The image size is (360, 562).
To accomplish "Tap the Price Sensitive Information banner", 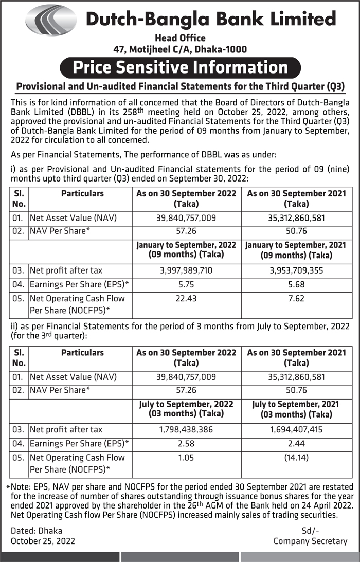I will click(x=180, y=67).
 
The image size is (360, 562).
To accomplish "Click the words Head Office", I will click(x=180, y=38).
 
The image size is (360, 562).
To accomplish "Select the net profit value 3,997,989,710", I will click(x=186, y=270).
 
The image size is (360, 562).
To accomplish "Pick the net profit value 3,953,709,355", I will click(x=296, y=270).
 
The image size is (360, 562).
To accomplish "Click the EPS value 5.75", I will click(x=186, y=284).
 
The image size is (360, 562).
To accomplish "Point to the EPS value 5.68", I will click(x=296, y=284).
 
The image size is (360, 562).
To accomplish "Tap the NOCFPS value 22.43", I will click(x=186, y=298).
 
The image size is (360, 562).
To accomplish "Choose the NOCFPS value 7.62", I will click(x=296, y=298).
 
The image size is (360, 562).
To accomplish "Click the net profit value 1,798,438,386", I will click(x=186, y=429).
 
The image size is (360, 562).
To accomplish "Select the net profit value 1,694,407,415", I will click(x=296, y=429).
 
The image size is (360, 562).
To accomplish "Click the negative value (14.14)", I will click(x=296, y=457).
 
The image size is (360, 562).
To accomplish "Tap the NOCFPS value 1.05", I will click(x=186, y=457).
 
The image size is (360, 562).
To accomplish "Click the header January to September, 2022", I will click(x=186, y=245).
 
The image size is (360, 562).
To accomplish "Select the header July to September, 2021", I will click(x=296, y=405).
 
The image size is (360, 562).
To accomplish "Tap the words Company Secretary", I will click(x=310, y=541).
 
